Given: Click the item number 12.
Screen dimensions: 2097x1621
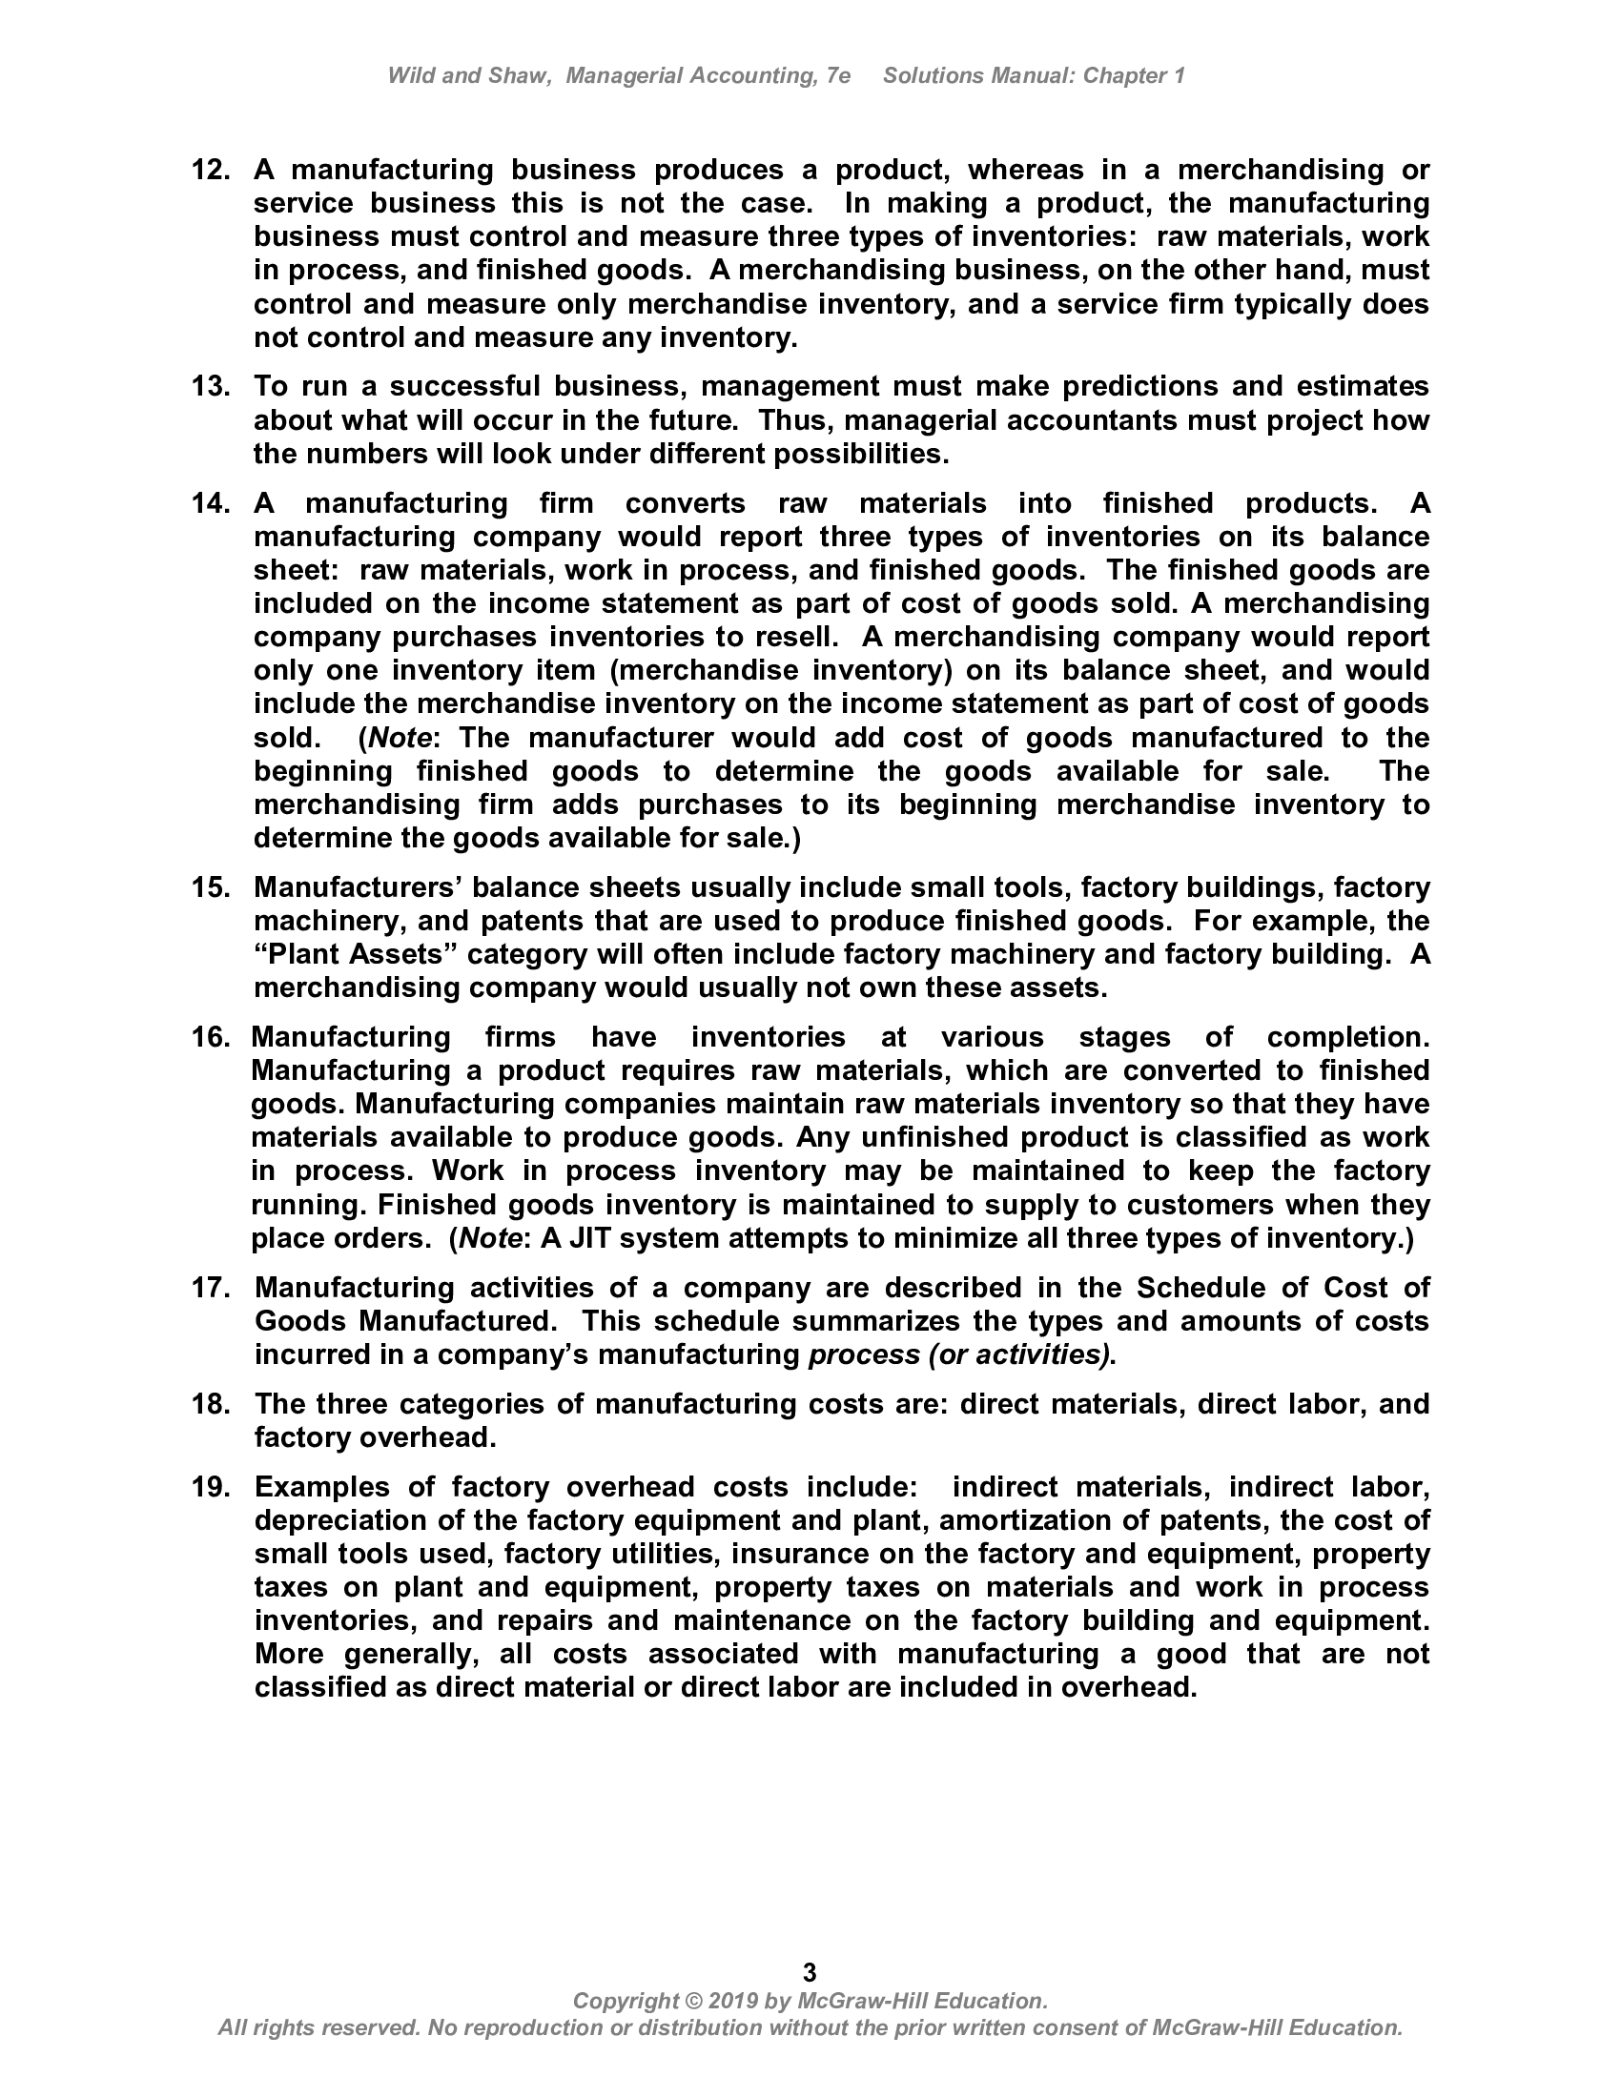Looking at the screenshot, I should (211, 171).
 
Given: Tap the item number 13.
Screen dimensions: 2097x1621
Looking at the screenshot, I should (211, 387).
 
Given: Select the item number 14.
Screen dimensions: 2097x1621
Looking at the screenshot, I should (211, 503).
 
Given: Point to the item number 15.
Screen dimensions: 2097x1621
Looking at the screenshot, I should (211, 887).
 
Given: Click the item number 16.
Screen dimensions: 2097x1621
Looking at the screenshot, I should (211, 1037).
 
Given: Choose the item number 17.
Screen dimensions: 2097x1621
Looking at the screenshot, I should (211, 1288).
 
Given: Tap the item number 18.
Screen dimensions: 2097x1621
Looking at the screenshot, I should (211, 1404).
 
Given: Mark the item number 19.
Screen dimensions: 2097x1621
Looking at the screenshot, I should (211, 1487).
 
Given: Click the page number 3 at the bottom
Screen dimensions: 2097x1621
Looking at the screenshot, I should (810, 1972).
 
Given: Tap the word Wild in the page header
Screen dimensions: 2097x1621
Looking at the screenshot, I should (411, 76).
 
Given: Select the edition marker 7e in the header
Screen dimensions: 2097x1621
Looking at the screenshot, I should (837, 76).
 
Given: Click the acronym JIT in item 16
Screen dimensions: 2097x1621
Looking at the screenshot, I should (592, 1238).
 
